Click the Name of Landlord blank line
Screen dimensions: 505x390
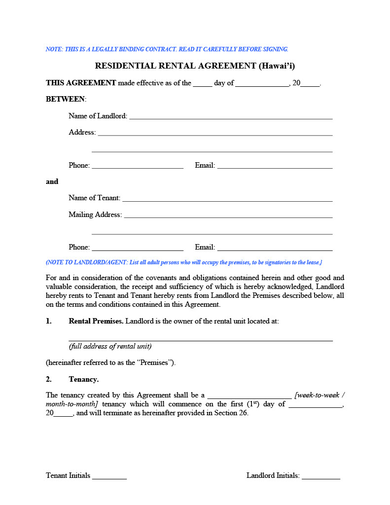click(231, 117)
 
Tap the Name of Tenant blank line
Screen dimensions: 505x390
click(227, 199)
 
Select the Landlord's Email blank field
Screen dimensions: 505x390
click(275, 166)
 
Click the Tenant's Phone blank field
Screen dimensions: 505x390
click(138, 248)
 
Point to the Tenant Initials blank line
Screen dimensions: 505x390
click(109, 476)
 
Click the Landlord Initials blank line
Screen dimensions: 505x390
click(321, 476)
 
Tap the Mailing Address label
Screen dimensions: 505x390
click(95, 215)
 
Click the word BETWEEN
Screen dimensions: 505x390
click(65, 99)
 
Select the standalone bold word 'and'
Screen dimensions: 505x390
click(52, 181)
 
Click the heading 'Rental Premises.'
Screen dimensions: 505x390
click(96, 321)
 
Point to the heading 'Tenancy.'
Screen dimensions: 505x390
click(84, 379)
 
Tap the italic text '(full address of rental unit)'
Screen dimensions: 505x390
click(110, 346)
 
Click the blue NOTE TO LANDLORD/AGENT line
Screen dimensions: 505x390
click(184, 262)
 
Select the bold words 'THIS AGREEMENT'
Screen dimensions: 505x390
click(81, 83)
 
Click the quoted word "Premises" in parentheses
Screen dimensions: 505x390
click(154, 362)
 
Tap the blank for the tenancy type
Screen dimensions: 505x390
click(249, 396)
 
